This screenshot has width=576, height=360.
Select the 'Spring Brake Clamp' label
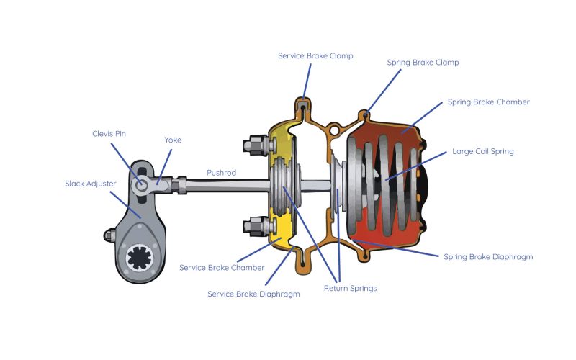click(423, 63)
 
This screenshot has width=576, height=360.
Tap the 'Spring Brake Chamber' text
click(488, 102)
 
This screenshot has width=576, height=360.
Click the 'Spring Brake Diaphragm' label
click(488, 256)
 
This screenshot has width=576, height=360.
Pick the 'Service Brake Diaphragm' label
click(253, 294)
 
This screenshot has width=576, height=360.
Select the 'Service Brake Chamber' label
click(222, 267)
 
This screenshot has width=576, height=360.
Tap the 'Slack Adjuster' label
click(90, 184)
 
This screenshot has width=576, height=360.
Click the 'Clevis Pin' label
click(109, 133)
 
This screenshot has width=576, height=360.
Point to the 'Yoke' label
click(173, 140)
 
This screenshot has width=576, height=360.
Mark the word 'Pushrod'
click(221, 173)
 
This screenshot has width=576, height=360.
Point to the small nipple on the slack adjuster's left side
click(108, 235)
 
